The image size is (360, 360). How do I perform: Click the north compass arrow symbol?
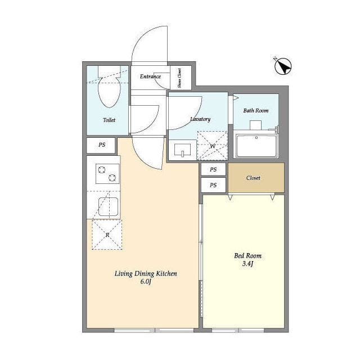click(283, 66)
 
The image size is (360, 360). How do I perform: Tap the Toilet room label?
click(109, 120)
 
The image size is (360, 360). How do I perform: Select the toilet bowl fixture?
click(109, 87)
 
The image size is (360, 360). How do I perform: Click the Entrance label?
click(150, 76)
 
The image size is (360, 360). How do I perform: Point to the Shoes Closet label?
click(179, 78)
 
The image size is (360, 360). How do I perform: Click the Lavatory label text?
click(200, 119)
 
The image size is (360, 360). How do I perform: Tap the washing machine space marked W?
click(213, 146)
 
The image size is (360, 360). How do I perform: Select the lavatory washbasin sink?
click(182, 150)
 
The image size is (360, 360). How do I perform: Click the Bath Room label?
click(256, 111)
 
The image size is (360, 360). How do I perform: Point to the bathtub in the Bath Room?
click(256, 146)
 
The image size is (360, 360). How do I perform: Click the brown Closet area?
click(256, 178)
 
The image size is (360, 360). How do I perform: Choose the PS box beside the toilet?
click(101, 145)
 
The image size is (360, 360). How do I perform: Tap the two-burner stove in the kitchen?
click(107, 174)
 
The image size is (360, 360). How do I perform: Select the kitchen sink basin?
click(109, 206)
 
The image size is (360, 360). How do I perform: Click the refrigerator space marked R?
click(107, 235)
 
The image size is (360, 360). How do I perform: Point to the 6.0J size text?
click(146, 281)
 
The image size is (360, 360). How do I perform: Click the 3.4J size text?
click(247, 264)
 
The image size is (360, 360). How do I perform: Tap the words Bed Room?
click(247, 255)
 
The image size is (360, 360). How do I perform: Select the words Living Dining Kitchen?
click(146, 274)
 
